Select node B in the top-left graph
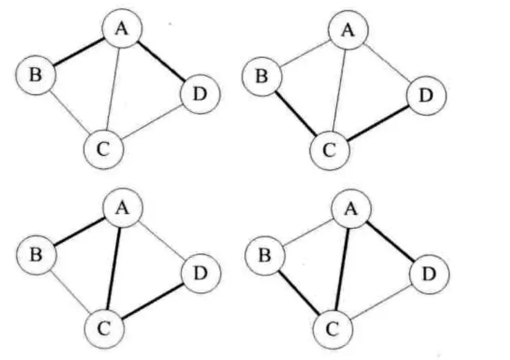click(x=35, y=74)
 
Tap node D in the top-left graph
click(x=200, y=94)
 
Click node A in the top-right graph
click(x=349, y=31)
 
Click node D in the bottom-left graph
click(x=201, y=274)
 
